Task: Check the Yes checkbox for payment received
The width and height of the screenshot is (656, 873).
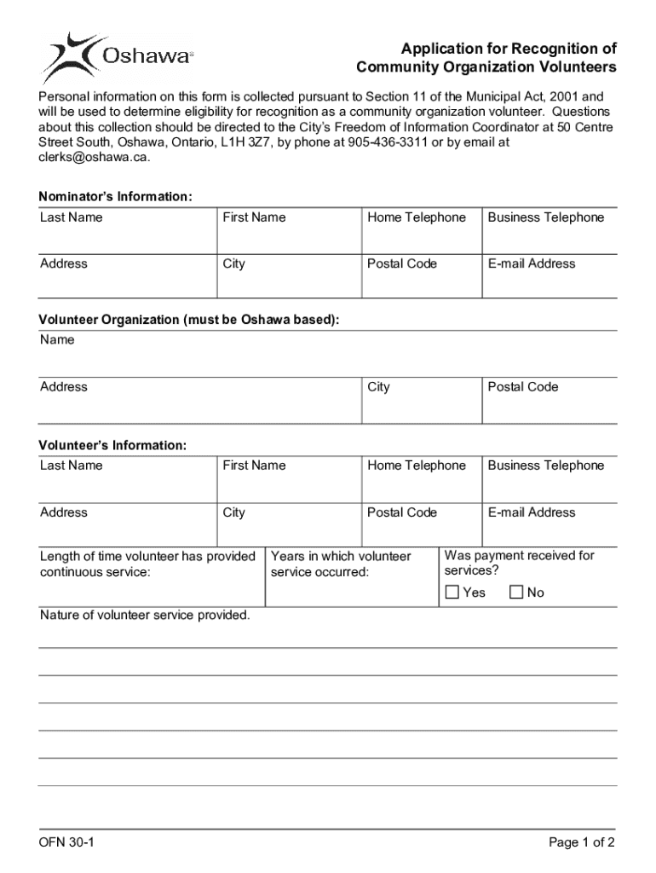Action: [x=452, y=593]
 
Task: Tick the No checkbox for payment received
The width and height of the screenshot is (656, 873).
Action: [x=516, y=593]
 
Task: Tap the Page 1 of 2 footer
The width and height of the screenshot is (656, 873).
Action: [x=582, y=843]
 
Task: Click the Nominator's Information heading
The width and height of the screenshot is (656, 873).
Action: [x=116, y=197]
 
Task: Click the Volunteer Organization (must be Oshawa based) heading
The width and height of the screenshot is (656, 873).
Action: [x=189, y=320]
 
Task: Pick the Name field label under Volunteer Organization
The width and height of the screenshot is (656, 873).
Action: [x=57, y=340]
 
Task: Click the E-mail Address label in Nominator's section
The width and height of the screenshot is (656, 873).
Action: [x=532, y=264]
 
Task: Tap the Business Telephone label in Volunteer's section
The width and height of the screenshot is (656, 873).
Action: [x=545, y=465]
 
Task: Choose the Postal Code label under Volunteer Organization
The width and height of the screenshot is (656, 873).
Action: [x=523, y=387]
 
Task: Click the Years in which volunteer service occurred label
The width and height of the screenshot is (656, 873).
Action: [x=340, y=564]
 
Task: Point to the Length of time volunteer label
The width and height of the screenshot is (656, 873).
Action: [x=147, y=564]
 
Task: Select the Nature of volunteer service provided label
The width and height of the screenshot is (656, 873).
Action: [x=145, y=615]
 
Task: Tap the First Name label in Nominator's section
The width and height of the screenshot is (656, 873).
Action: [x=254, y=217]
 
